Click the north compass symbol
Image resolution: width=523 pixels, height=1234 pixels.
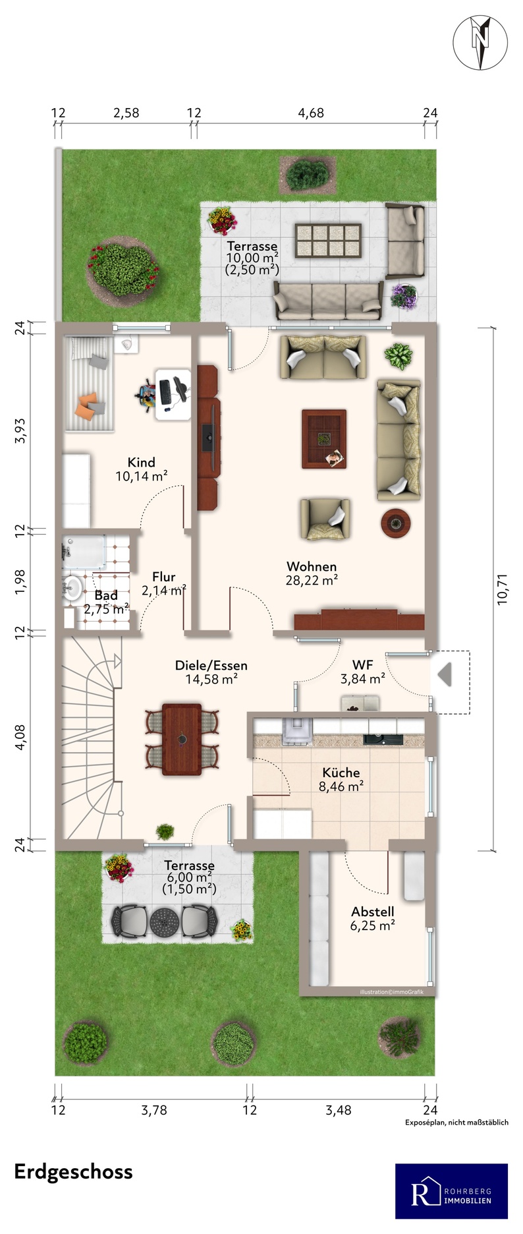(x=480, y=42)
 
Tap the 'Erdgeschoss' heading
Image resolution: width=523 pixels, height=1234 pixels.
(x=73, y=1171)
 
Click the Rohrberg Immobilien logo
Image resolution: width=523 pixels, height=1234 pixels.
(x=451, y=1191)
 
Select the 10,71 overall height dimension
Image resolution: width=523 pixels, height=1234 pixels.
(x=503, y=589)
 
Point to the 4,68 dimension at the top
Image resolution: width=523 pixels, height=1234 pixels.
(x=311, y=113)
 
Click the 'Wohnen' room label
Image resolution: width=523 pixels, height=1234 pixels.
(x=312, y=566)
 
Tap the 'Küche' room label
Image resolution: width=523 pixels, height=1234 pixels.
(x=341, y=772)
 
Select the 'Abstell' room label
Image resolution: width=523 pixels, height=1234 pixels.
(x=373, y=911)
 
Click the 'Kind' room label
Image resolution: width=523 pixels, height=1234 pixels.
(x=142, y=462)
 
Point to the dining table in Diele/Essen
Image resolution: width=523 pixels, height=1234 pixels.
(x=182, y=739)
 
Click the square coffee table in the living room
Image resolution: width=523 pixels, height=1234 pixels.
(x=324, y=439)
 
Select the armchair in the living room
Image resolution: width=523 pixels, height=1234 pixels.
(x=324, y=519)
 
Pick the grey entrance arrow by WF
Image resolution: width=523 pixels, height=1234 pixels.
(x=445, y=674)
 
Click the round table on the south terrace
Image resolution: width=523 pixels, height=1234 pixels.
(x=165, y=922)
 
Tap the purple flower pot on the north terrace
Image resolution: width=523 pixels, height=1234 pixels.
(x=403, y=296)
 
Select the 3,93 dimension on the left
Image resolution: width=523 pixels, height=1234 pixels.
(x=20, y=430)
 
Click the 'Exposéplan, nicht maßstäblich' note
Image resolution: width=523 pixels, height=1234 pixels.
(x=456, y=1122)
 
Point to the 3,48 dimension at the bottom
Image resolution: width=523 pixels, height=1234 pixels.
(x=339, y=1110)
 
